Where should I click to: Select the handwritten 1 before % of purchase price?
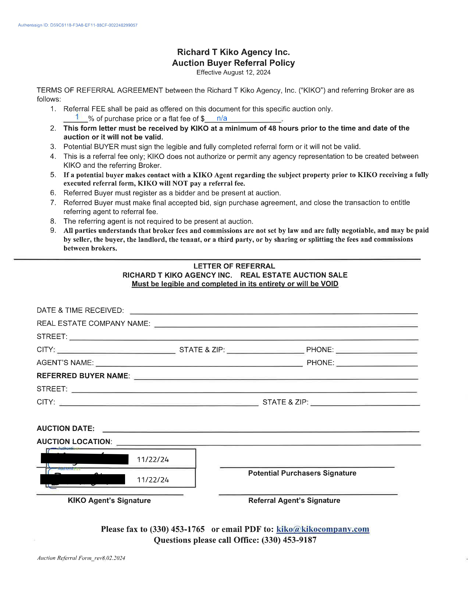(77, 117)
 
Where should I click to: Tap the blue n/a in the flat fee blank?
(222, 118)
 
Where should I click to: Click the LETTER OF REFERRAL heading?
(234, 266)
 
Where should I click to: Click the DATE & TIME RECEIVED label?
(80, 310)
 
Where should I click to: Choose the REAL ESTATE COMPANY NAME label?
(93, 323)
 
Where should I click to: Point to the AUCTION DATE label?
(66, 428)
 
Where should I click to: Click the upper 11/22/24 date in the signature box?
(153, 460)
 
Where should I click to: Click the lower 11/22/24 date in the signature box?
(153, 480)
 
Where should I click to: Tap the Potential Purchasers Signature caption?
(302, 473)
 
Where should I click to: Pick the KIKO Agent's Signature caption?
(109, 500)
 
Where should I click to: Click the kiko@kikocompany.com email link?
(323, 529)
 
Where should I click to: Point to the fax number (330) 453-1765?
(177, 529)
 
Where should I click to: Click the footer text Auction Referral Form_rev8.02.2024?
(81, 558)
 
